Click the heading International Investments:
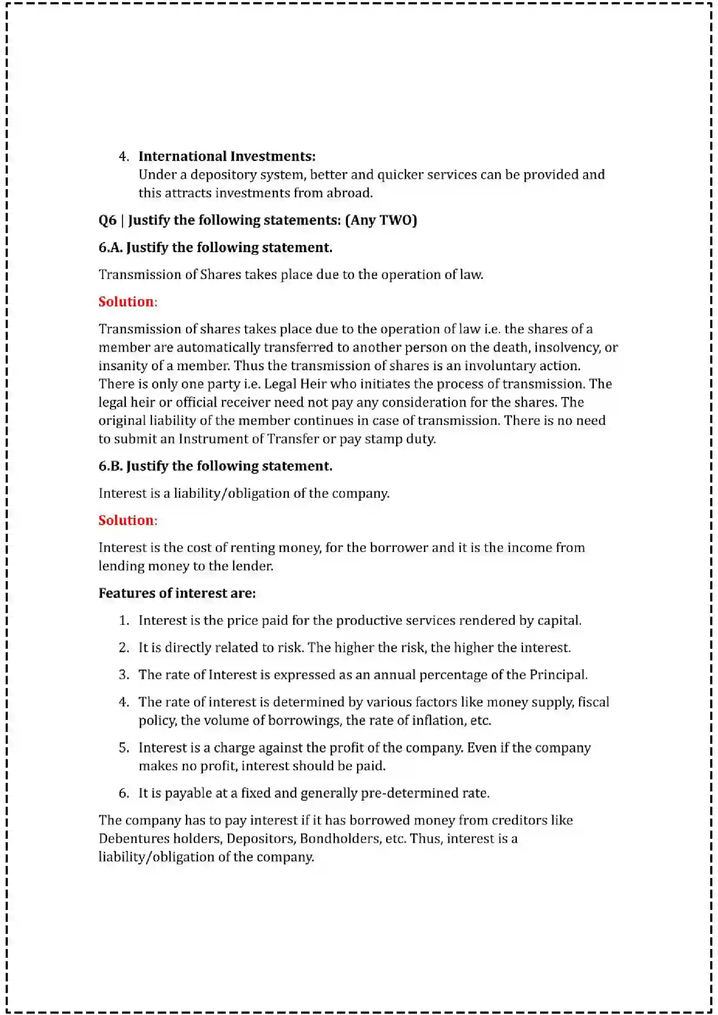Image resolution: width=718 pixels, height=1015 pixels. [227, 156]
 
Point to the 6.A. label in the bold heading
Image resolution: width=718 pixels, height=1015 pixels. [110, 247]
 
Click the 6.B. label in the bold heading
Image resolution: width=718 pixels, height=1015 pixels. [110, 466]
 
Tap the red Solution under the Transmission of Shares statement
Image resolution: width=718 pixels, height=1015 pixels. [126, 302]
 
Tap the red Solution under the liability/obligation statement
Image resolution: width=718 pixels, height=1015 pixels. [126, 520]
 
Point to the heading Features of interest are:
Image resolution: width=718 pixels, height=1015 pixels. [177, 593]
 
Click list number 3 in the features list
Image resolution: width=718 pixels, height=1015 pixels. [123, 675]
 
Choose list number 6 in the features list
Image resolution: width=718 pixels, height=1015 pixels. [123, 793]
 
